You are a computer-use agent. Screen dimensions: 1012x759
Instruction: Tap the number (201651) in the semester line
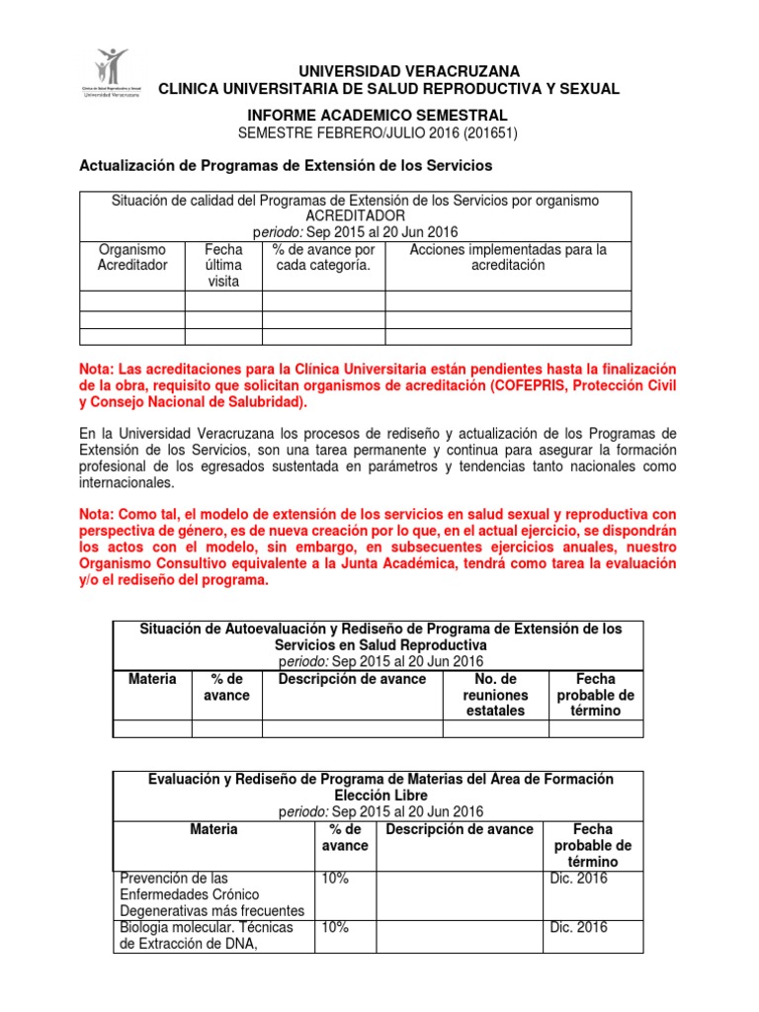tap(484, 132)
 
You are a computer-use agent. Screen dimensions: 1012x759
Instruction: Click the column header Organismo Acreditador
tap(132, 257)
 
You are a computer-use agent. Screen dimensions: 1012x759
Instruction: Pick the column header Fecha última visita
tap(223, 266)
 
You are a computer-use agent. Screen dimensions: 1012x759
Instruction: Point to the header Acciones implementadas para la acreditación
tap(508, 257)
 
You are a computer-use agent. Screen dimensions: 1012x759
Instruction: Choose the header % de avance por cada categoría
tap(322, 257)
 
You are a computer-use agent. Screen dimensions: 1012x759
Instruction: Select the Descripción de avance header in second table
tap(352, 679)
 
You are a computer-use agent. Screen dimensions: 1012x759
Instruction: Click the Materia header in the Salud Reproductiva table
tap(153, 679)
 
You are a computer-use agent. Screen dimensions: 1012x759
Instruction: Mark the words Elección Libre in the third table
tap(380, 795)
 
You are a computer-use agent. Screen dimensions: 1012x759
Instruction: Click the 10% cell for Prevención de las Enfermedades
tap(333, 878)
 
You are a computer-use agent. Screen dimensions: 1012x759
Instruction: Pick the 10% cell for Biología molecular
tap(333, 927)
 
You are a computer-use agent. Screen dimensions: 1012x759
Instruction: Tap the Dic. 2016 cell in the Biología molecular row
tap(577, 927)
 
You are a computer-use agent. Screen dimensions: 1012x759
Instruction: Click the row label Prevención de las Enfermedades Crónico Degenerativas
tap(211, 893)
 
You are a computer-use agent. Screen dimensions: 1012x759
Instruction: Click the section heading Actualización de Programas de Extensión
tap(285, 164)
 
